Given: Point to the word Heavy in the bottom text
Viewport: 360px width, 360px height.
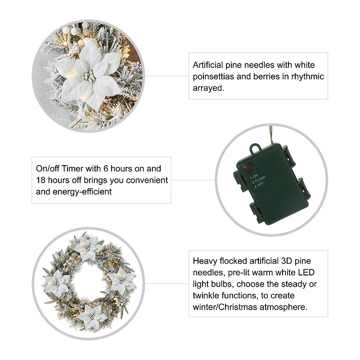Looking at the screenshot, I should pyautogui.click(x=204, y=261).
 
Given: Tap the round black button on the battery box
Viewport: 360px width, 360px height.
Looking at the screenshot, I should pyautogui.click(x=247, y=170).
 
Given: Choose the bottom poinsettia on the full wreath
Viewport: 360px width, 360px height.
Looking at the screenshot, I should pyautogui.click(x=92, y=315).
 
